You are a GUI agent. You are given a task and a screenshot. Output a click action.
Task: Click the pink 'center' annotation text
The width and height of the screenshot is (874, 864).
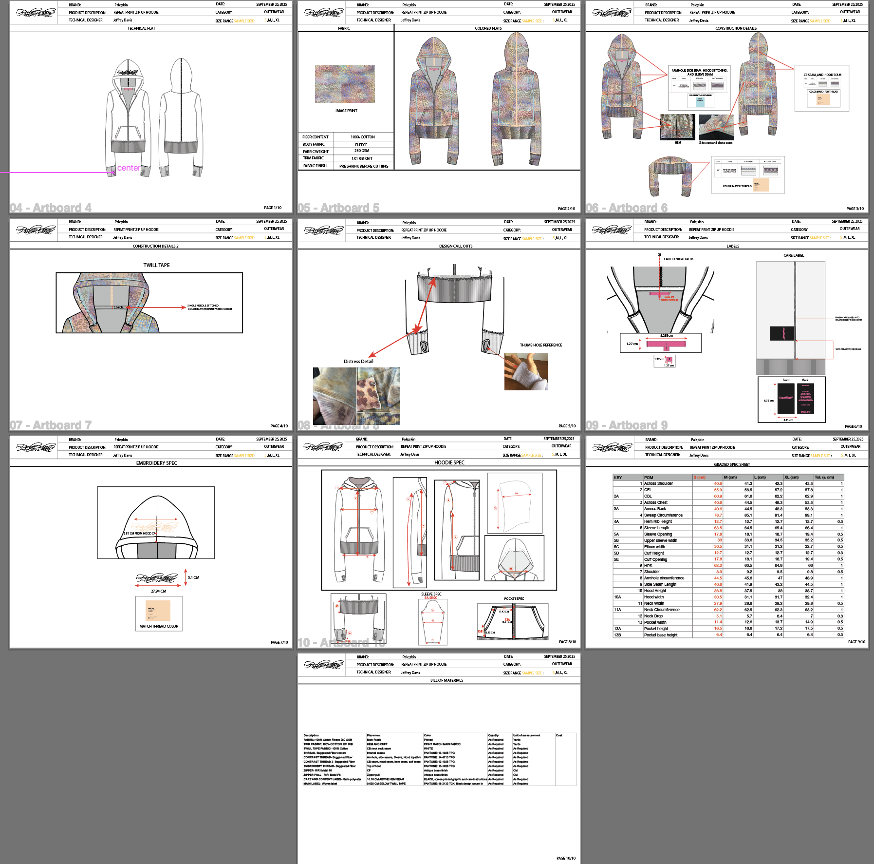pyautogui.click(x=129, y=168)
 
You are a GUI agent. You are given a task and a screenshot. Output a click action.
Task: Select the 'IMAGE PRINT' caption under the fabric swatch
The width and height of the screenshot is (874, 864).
pyautogui.click(x=346, y=111)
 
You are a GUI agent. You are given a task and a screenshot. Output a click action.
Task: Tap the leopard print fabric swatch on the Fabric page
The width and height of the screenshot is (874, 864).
pyautogui.click(x=345, y=84)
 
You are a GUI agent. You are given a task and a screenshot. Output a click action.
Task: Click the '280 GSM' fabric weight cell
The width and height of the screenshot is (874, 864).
pyautogui.click(x=362, y=151)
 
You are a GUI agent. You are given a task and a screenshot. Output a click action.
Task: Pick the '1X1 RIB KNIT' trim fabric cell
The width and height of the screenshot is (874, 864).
pyautogui.click(x=362, y=158)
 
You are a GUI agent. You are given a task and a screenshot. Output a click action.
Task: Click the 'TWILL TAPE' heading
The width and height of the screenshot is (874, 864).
pyautogui.click(x=156, y=265)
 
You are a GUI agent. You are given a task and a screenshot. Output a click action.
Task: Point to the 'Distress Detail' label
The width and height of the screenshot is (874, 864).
pyautogui.click(x=358, y=362)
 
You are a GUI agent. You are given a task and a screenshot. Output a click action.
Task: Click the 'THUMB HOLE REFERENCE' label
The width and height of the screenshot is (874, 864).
pyautogui.click(x=540, y=345)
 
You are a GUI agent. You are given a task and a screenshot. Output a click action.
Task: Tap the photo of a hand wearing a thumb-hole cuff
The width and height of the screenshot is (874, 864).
pyautogui.click(x=526, y=371)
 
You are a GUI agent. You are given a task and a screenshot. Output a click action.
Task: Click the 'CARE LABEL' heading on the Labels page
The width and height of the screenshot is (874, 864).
pyautogui.click(x=794, y=255)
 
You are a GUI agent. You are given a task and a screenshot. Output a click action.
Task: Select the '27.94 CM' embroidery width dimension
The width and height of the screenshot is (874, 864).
pyautogui.click(x=158, y=591)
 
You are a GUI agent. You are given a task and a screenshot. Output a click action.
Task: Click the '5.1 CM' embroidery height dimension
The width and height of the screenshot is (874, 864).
pyautogui.click(x=193, y=577)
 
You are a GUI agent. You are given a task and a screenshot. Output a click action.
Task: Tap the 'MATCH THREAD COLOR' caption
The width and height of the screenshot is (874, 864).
pyautogui.click(x=159, y=626)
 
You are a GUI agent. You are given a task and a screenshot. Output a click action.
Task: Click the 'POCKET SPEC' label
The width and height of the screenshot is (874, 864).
pyautogui.click(x=514, y=598)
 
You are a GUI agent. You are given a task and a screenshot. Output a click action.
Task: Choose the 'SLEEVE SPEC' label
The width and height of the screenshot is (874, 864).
pyautogui.click(x=431, y=594)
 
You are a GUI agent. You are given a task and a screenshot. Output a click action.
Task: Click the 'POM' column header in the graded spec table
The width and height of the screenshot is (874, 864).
pyautogui.click(x=649, y=478)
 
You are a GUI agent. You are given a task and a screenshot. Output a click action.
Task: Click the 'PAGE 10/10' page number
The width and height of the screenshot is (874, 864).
pyautogui.click(x=566, y=858)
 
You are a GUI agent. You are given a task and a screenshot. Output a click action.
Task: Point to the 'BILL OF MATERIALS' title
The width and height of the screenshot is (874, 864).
pyautogui.click(x=446, y=680)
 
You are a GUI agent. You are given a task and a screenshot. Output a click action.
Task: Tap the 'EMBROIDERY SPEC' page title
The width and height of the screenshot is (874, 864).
pyautogui.click(x=157, y=463)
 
